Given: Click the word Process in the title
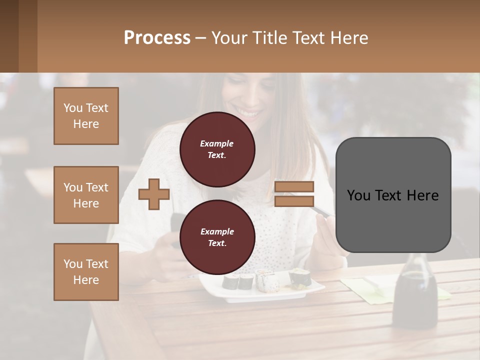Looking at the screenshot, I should click(x=157, y=38).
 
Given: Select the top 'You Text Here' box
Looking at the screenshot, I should click(x=86, y=116).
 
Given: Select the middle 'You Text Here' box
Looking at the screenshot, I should click(x=86, y=195).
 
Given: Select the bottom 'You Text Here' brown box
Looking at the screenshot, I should click(x=86, y=271).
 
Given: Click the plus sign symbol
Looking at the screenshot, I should click(x=153, y=194).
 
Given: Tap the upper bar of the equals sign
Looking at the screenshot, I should click(x=294, y=187).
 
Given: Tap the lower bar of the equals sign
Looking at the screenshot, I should click(x=294, y=201).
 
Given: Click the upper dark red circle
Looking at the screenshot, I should click(x=217, y=149).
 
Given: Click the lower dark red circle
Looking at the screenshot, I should click(x=217, y=237).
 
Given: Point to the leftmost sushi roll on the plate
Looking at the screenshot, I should click(x=231, y=282).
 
